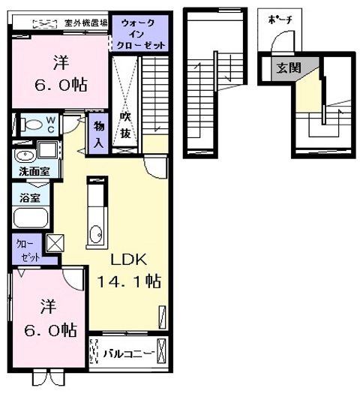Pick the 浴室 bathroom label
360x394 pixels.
[30, 199]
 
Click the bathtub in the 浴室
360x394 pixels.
[30, 219]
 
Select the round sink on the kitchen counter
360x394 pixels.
[96, 235]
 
